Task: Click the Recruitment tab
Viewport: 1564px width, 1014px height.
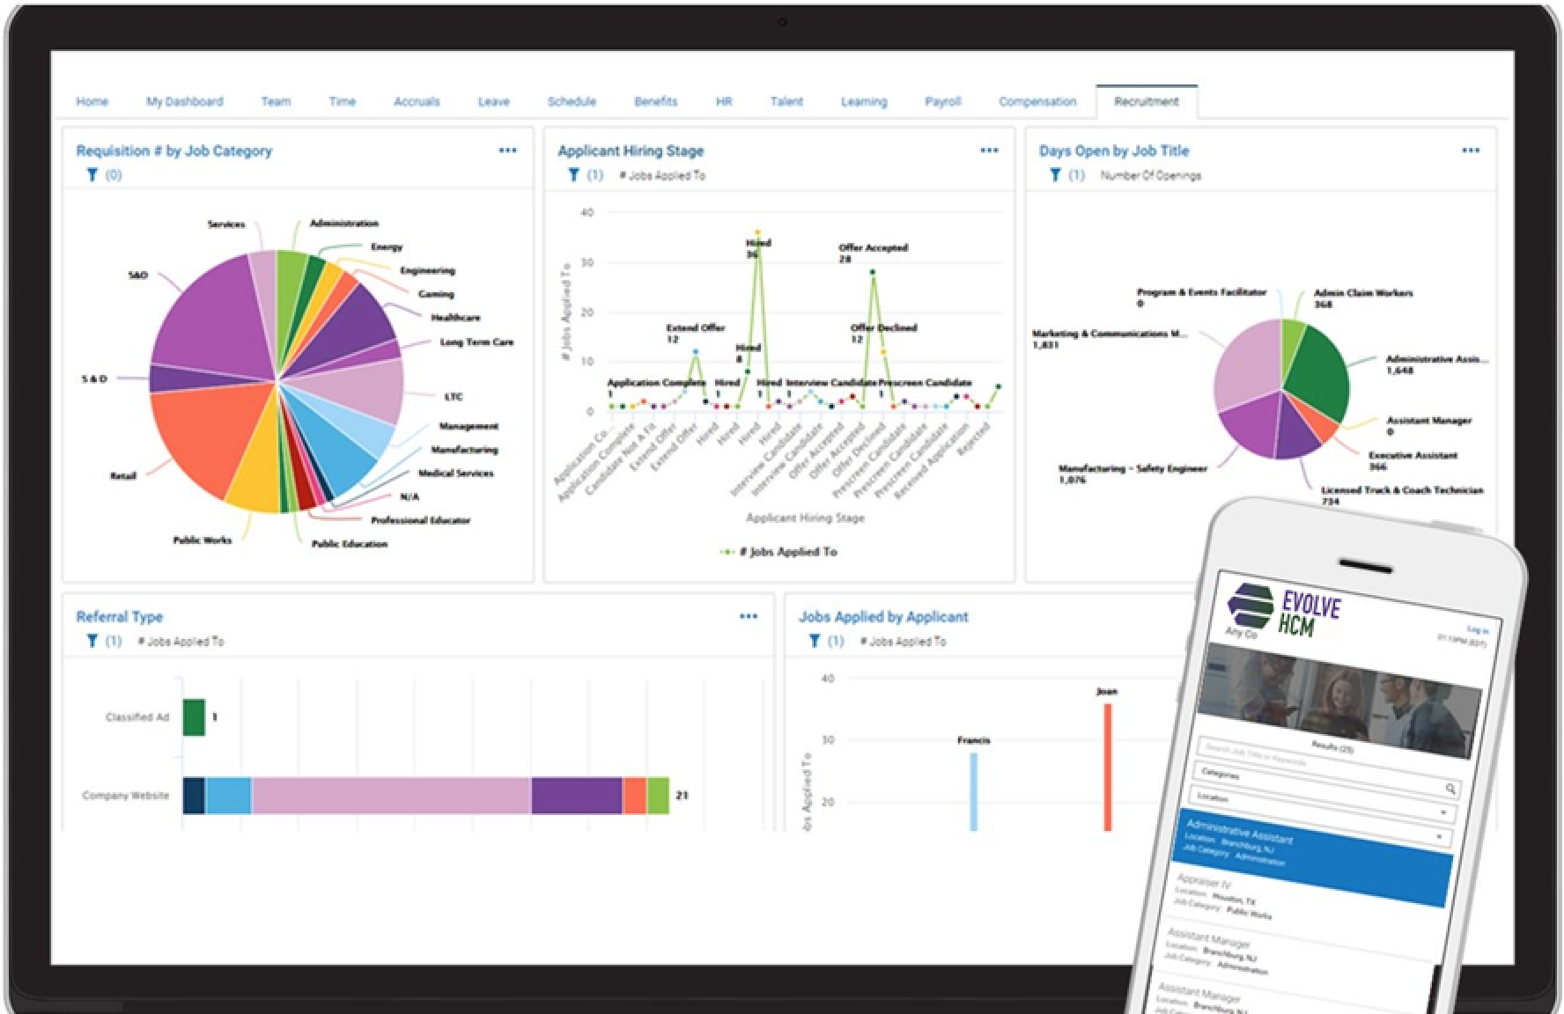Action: click(x=1146, y=101)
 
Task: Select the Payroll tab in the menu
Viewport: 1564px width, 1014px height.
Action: click(x=942, y=101)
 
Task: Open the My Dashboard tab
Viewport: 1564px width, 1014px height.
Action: click(x=184, y=101)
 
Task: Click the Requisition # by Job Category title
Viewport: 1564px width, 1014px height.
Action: click(x=174, y=151)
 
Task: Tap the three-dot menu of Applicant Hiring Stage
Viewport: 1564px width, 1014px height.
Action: click(x=989, y=151)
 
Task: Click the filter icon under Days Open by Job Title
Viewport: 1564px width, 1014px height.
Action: click(x=1055, y=175)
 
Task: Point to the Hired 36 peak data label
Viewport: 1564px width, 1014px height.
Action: click(x=757, y=248)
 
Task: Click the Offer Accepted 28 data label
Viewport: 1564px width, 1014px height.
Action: click(x=872, y=253)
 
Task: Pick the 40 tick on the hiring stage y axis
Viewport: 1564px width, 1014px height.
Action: click(x=587, y=212)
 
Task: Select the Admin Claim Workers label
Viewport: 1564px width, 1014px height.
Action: click(x=1362, y=293)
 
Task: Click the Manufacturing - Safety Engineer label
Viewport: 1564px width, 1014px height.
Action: click(x=1132, y=469)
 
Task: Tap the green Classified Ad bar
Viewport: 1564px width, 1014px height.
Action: click(x=194, y=717)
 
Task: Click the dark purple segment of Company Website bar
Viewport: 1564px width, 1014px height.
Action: click(x=576, y=796)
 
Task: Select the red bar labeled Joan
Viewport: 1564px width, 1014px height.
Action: click(x=1107, y=766)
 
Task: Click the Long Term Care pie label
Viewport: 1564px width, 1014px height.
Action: click(x=476, y=342)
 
